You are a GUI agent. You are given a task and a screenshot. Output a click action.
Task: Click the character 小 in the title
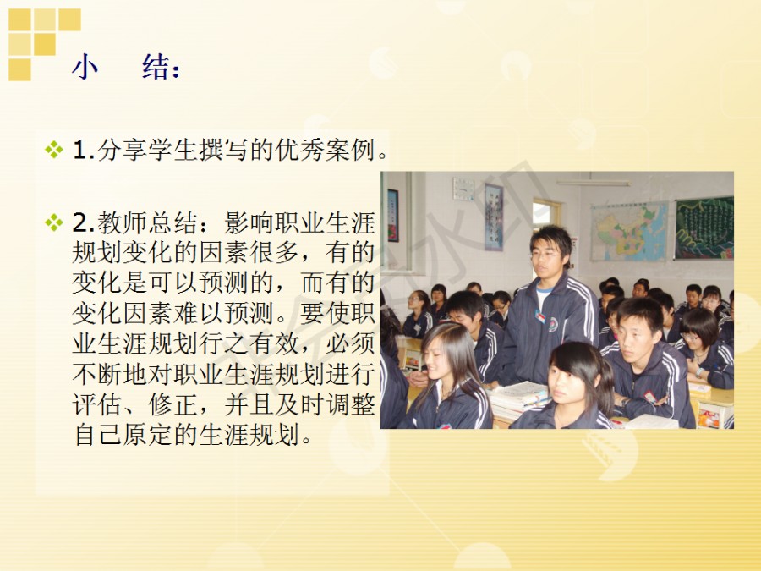[85, 67]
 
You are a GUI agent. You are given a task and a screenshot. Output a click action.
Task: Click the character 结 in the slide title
[156, 67]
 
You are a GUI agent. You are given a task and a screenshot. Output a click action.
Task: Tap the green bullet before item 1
[54, 149]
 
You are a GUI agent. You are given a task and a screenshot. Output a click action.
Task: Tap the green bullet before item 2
[54, 222]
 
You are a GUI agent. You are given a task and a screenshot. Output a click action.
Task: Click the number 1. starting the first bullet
[84, 150]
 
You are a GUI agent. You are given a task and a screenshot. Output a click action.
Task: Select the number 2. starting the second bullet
[84, 223]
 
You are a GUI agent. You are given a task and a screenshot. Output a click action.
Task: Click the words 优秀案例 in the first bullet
[326, 150]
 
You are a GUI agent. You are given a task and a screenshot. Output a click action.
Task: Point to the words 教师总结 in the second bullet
[147, 223]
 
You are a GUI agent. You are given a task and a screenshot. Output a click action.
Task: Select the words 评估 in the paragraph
[97, 404]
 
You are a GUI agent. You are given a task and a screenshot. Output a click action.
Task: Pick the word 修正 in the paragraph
[172, 404]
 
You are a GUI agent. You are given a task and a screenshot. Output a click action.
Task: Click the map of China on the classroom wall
[629, 232]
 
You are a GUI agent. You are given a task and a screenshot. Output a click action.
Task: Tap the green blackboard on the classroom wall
[704, 228]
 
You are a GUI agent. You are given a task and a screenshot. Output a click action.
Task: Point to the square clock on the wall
[463, 189]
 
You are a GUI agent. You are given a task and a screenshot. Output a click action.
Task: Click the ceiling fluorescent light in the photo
[593, 183]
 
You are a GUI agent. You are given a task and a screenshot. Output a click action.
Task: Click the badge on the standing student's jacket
[539, 316]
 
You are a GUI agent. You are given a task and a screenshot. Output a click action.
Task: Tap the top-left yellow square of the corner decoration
[19, 19]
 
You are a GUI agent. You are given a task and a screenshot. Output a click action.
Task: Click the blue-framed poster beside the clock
[494, 217]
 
